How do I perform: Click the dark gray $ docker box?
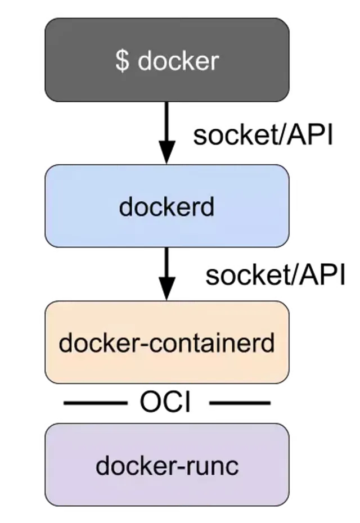(x=167, y=60)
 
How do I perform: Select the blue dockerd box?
(x=167, y=206)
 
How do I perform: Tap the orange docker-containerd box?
(x=167, y=342)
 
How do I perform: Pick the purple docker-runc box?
(x=167, y=465)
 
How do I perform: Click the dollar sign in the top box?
(x=123, y=61)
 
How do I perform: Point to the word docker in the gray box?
(x=178, y=61)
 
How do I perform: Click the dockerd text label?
(x=166, y=206)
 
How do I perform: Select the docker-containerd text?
(x=166, y=342)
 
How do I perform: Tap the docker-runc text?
(x=167, y=465)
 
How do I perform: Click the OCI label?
(x=165, y=402)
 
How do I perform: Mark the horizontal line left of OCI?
(x=96, y=403)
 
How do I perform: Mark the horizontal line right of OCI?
(x=240, y=403)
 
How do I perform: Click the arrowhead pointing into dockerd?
(x=167, y=152)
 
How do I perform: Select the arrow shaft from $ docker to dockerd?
(x=167, y=121)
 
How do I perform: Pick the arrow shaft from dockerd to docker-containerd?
(x=167, y=263)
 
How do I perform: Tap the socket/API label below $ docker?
(x=263, y=135)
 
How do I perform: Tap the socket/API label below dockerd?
(x=275, y=275)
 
